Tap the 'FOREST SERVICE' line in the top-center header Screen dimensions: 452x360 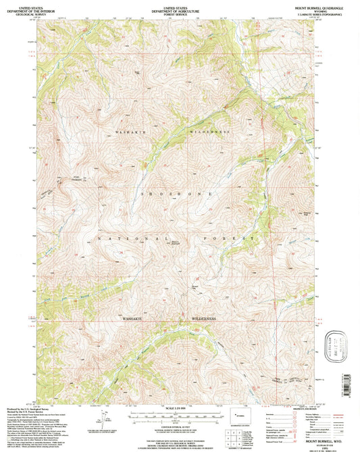click(179, 12)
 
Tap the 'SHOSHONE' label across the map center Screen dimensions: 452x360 click(176, 193)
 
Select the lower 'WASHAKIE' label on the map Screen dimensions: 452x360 click(138, 316)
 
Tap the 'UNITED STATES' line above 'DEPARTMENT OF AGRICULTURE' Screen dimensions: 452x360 click(179, 4)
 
